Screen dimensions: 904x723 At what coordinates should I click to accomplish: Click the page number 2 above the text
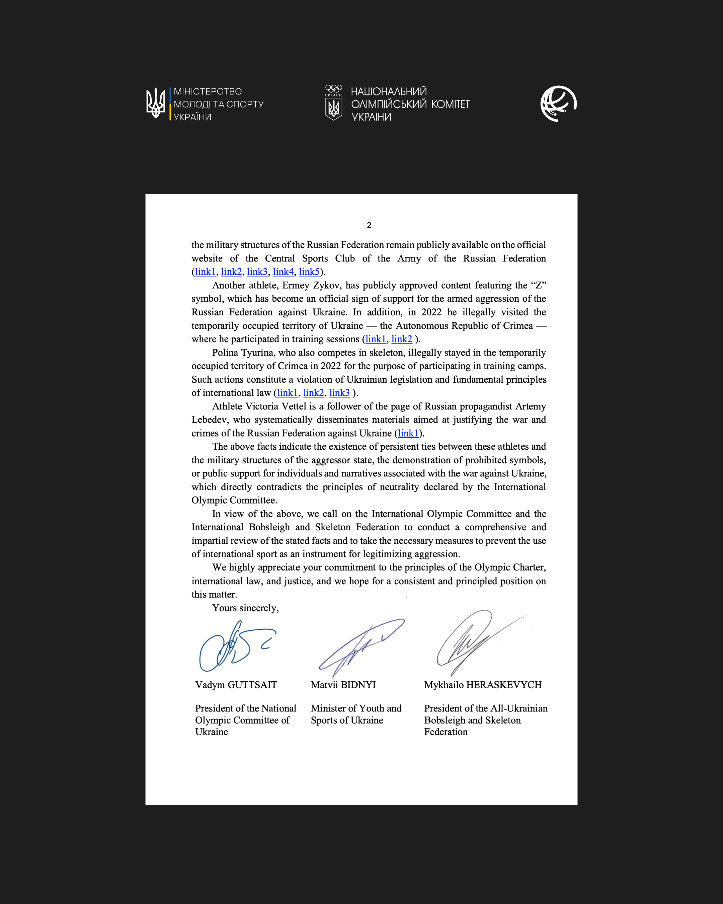click(x=369, y=225)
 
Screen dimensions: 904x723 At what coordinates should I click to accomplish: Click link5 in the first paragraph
click(x=309, y=272)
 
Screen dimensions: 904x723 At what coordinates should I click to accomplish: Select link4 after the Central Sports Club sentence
click(x=283, y=272)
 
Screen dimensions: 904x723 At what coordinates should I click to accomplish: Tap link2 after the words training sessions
click(x=402, y=339)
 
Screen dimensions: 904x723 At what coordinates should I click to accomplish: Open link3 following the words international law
click(x=339, y=392)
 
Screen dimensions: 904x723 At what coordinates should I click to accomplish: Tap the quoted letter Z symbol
click(x=539, y=285)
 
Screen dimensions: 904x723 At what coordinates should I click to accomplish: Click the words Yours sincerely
click(x=245, y=608)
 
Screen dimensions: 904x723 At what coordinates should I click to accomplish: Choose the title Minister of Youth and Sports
click(x=356, y=714)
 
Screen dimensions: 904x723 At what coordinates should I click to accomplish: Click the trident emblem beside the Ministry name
click(x=156, y=103)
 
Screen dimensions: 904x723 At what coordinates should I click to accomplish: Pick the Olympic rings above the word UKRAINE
click(x=334, y=88)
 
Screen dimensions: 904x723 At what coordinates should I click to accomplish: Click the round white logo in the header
click(x=558, y=103)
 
